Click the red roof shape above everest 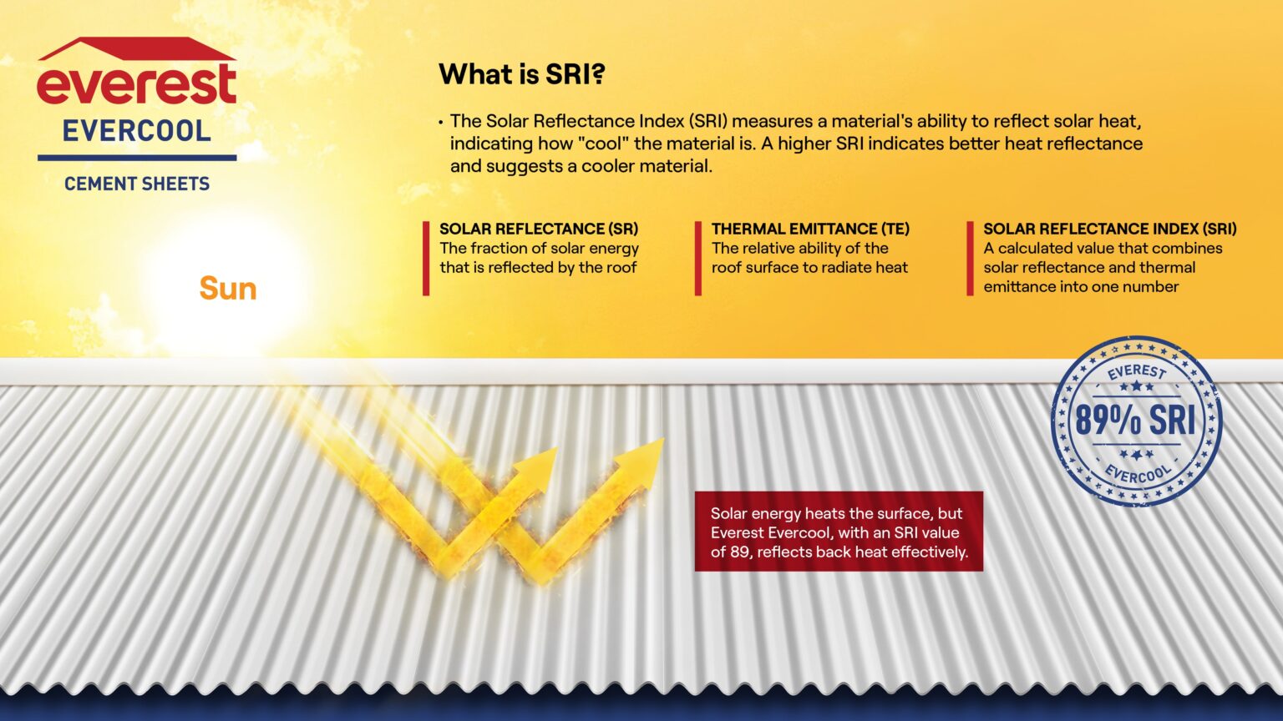[136, 49]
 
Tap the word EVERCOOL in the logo [137, 131]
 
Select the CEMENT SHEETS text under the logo [137, 184]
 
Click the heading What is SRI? [521, 74]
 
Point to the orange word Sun [227, 289]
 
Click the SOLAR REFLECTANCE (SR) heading [539, 229]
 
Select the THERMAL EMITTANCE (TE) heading [810, 229]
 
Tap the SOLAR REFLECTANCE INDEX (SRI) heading [1109, 229]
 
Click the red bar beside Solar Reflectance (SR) [426, 258]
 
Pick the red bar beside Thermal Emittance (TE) [698, 258]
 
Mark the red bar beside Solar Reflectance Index [970, 258]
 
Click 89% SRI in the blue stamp [1135, 421]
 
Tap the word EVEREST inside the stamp [1136, 371]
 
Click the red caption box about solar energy [839, 532]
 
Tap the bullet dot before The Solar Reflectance [440, 122]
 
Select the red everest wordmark [137, 84]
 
